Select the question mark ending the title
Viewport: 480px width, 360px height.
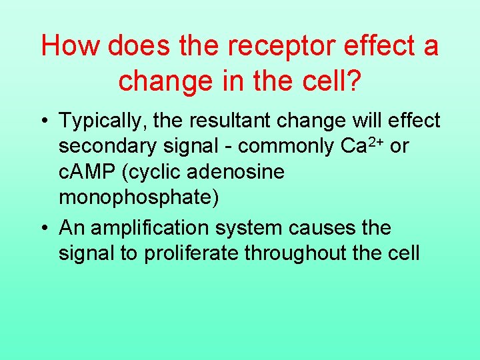[354, 81]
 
